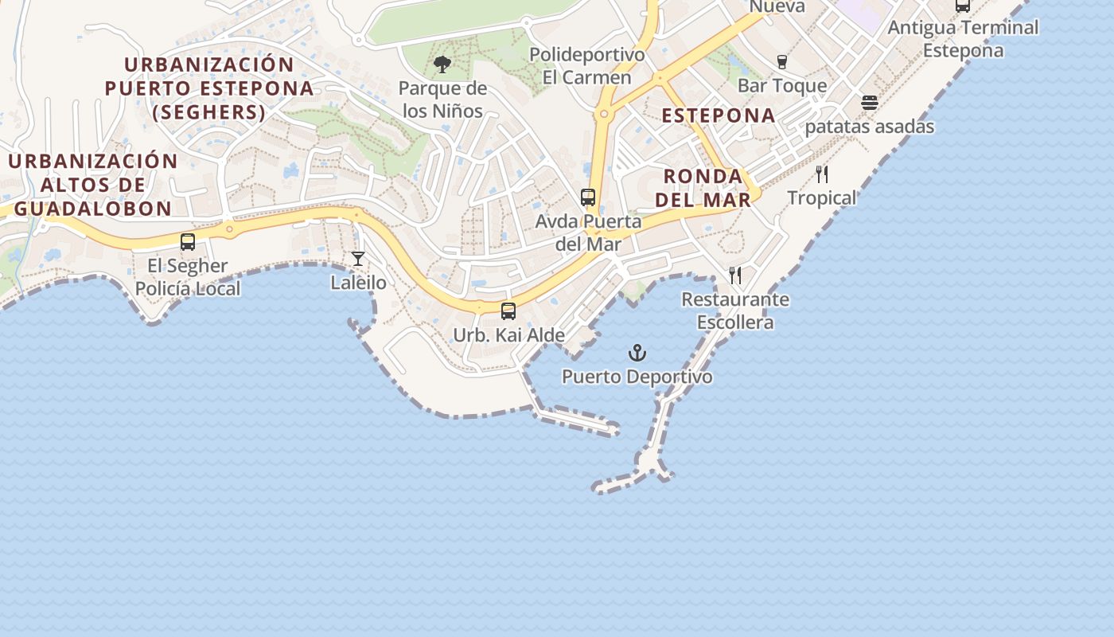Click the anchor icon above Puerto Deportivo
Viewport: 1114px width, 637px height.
pyautogui.click(x=637, y=353)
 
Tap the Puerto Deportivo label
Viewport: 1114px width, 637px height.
pyautogui.click(x=637, y=377)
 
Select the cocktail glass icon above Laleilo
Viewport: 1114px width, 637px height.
pyautogui.click(x=358, y=259)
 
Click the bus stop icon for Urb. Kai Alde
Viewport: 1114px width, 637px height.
pyautogui.click(x=508, y=311)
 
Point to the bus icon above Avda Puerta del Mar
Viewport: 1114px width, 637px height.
pyautogui.click(x=588, y=197)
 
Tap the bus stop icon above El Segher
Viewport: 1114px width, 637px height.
pyautogui.click(x=188, y=242)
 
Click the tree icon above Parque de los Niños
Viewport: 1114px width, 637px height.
pyautogui.click(x=442, y=64)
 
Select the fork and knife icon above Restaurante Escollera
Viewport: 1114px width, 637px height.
pyautogui.click(x=735, y=276)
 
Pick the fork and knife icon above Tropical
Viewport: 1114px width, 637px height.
pyautogui.click(x=822, y=174)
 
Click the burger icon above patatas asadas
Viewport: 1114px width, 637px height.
pyautogui.click(x=870, y=103)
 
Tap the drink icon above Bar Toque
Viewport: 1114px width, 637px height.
pyautogui.click(x=782, y=62)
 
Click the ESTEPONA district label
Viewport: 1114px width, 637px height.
pyautogui.click(x=719, y=115)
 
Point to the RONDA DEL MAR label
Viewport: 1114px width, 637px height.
pyautogui.click(x=703, y=188)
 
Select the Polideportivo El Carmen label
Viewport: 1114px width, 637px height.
pyautogui.click(x=587, y=66)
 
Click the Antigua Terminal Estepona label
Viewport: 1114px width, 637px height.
pyautogui.click(x=963, y=39)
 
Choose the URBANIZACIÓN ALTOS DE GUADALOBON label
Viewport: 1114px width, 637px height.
pyautogui.click(x=93, y=185)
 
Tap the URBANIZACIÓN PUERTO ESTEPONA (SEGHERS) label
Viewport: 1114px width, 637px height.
pyautogui.click(x=209, y=88)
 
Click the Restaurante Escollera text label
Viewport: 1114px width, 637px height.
pyautogui.click(x=735, y=311)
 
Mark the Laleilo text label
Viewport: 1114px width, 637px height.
pyautogui.click(x=359, y=283)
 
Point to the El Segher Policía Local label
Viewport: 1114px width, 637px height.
pyautogui.click(x=188, y=277)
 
